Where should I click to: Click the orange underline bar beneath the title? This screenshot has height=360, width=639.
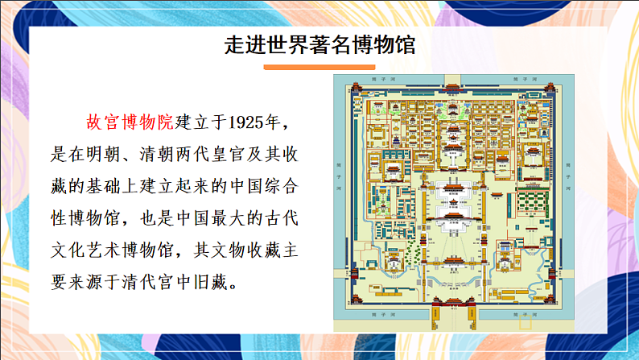tap(319, 68)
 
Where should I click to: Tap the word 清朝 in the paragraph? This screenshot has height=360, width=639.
tap(172, 155)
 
